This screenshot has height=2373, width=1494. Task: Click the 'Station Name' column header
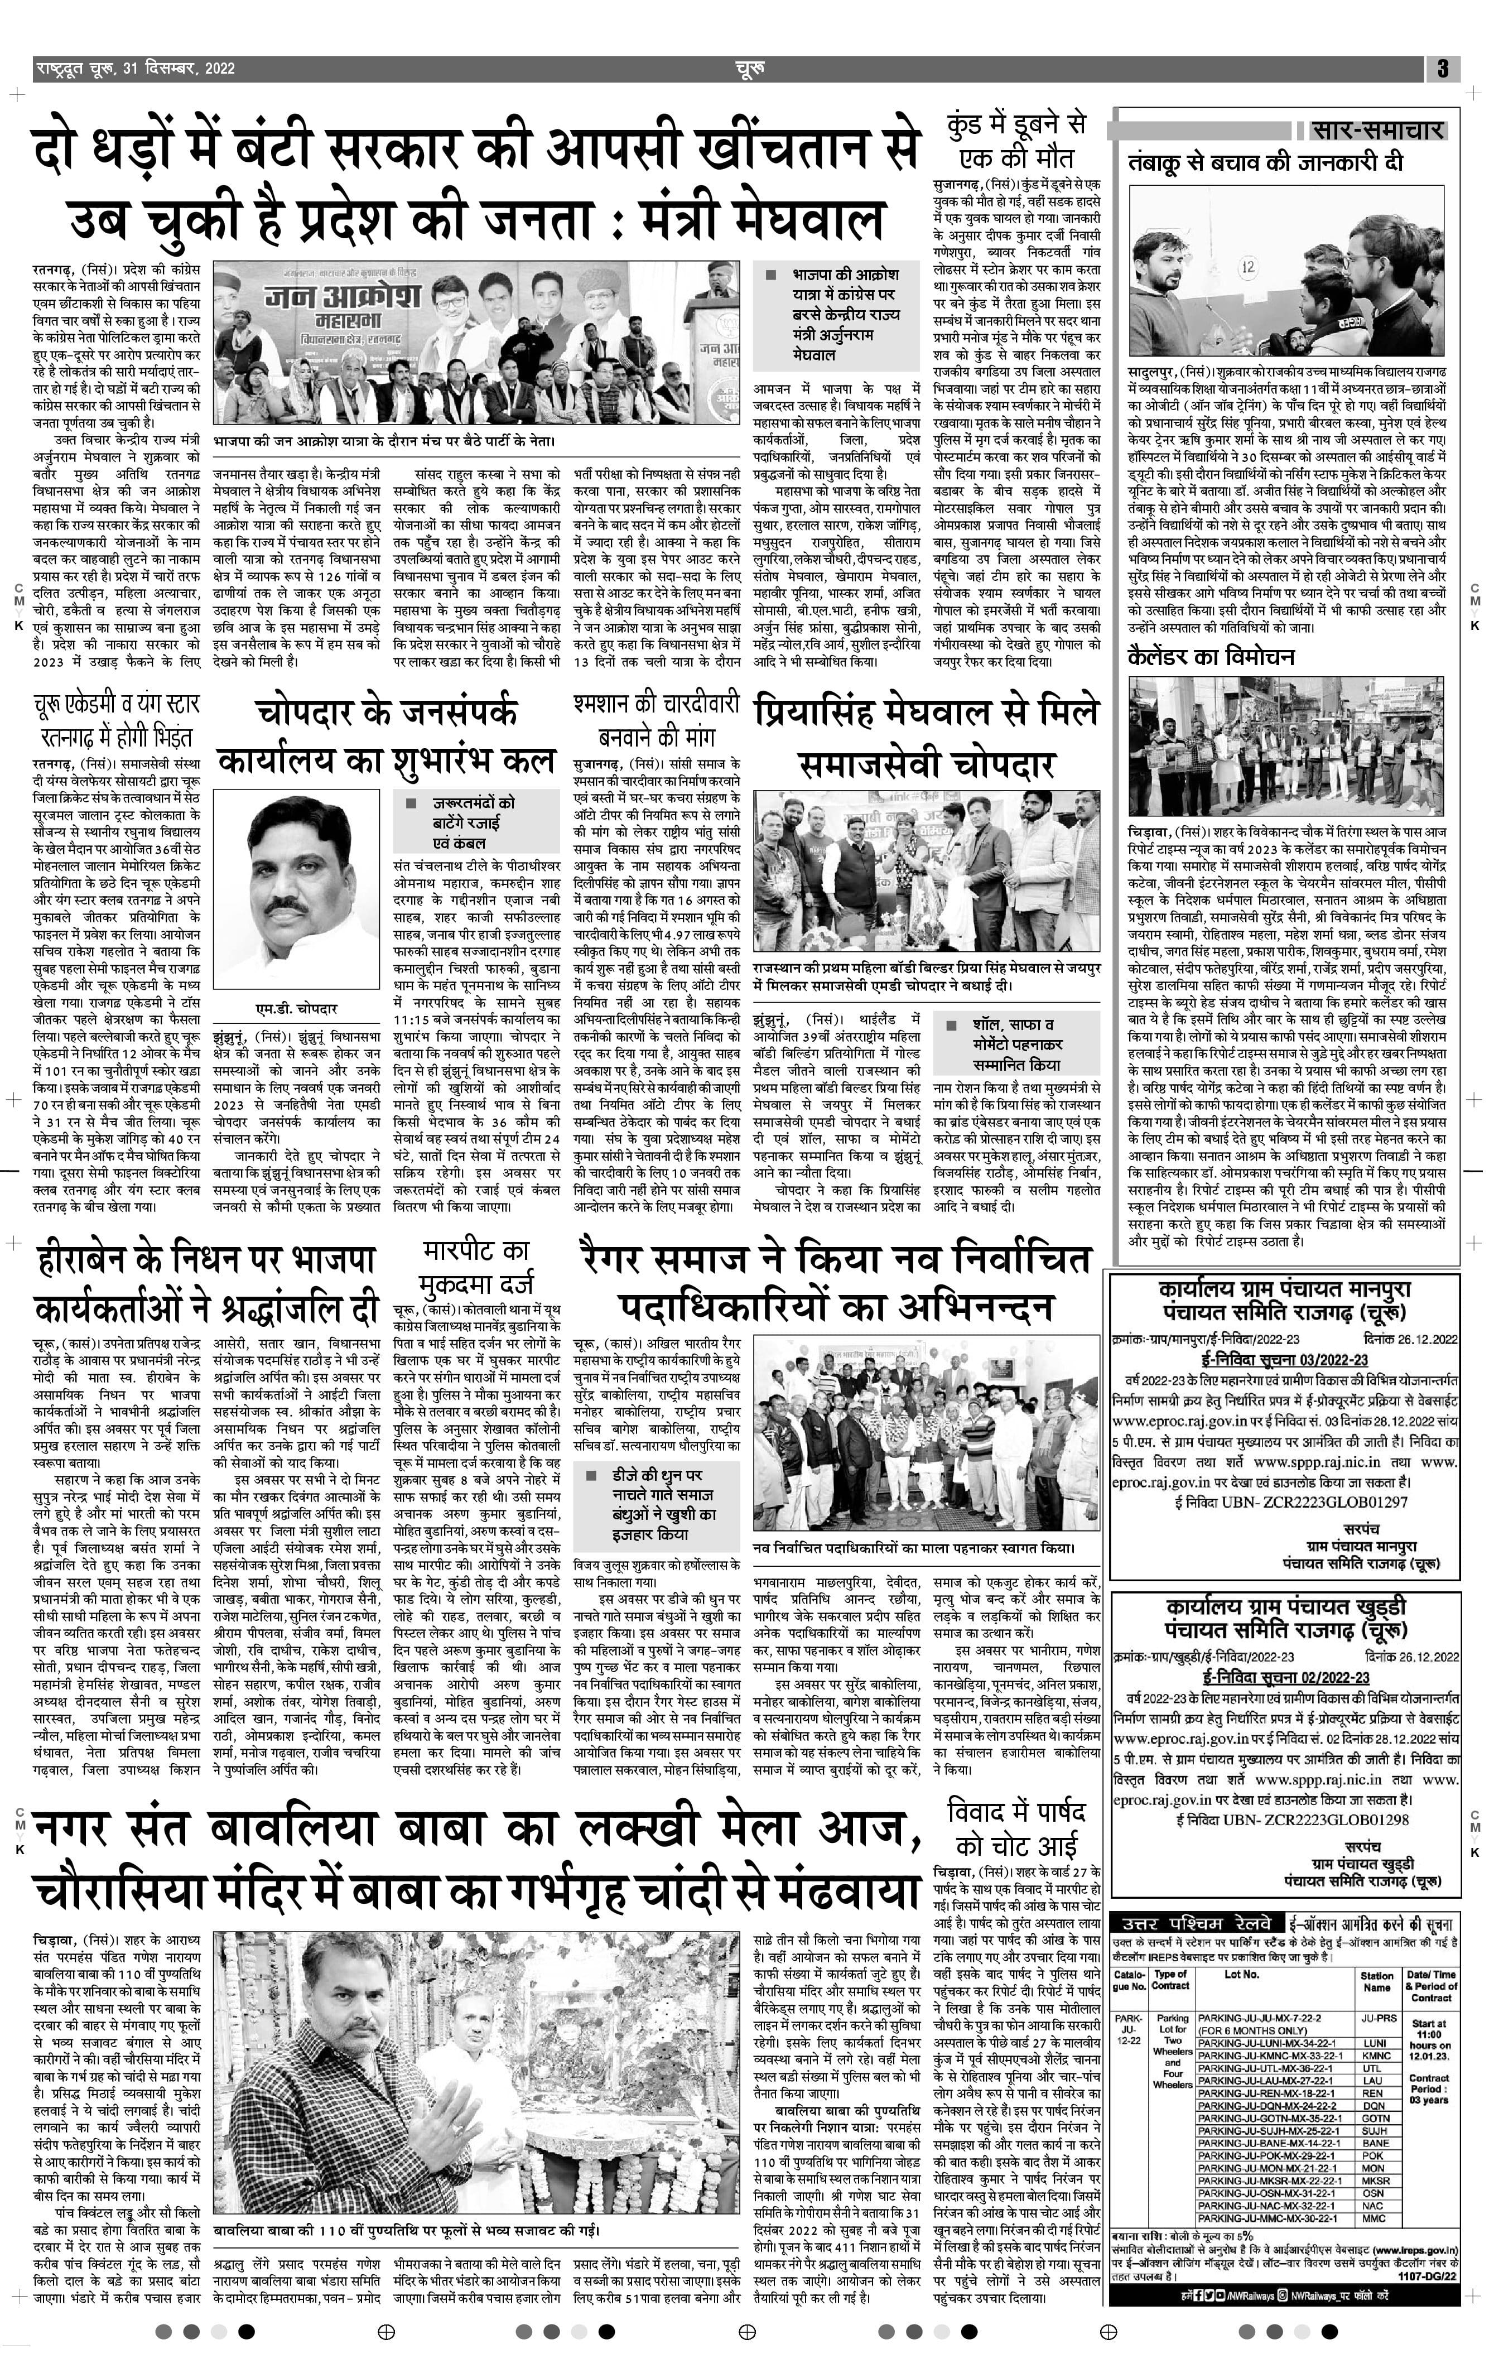click(1377, 1981)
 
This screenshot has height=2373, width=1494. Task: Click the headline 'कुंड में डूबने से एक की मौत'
click(1016, 142)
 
